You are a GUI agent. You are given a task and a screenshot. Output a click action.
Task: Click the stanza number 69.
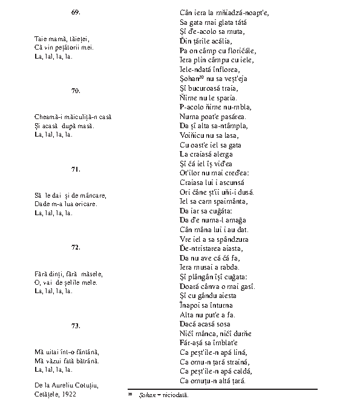76,12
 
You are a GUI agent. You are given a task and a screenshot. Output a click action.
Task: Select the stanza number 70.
76,91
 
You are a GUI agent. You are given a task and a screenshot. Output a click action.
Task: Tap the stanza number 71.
76,169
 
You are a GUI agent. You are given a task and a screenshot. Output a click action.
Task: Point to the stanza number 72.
76,248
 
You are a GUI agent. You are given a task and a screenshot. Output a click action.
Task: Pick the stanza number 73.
76,326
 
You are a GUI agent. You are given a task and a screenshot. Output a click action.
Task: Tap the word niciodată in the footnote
176,395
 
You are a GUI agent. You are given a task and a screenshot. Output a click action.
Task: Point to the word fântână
85,352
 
